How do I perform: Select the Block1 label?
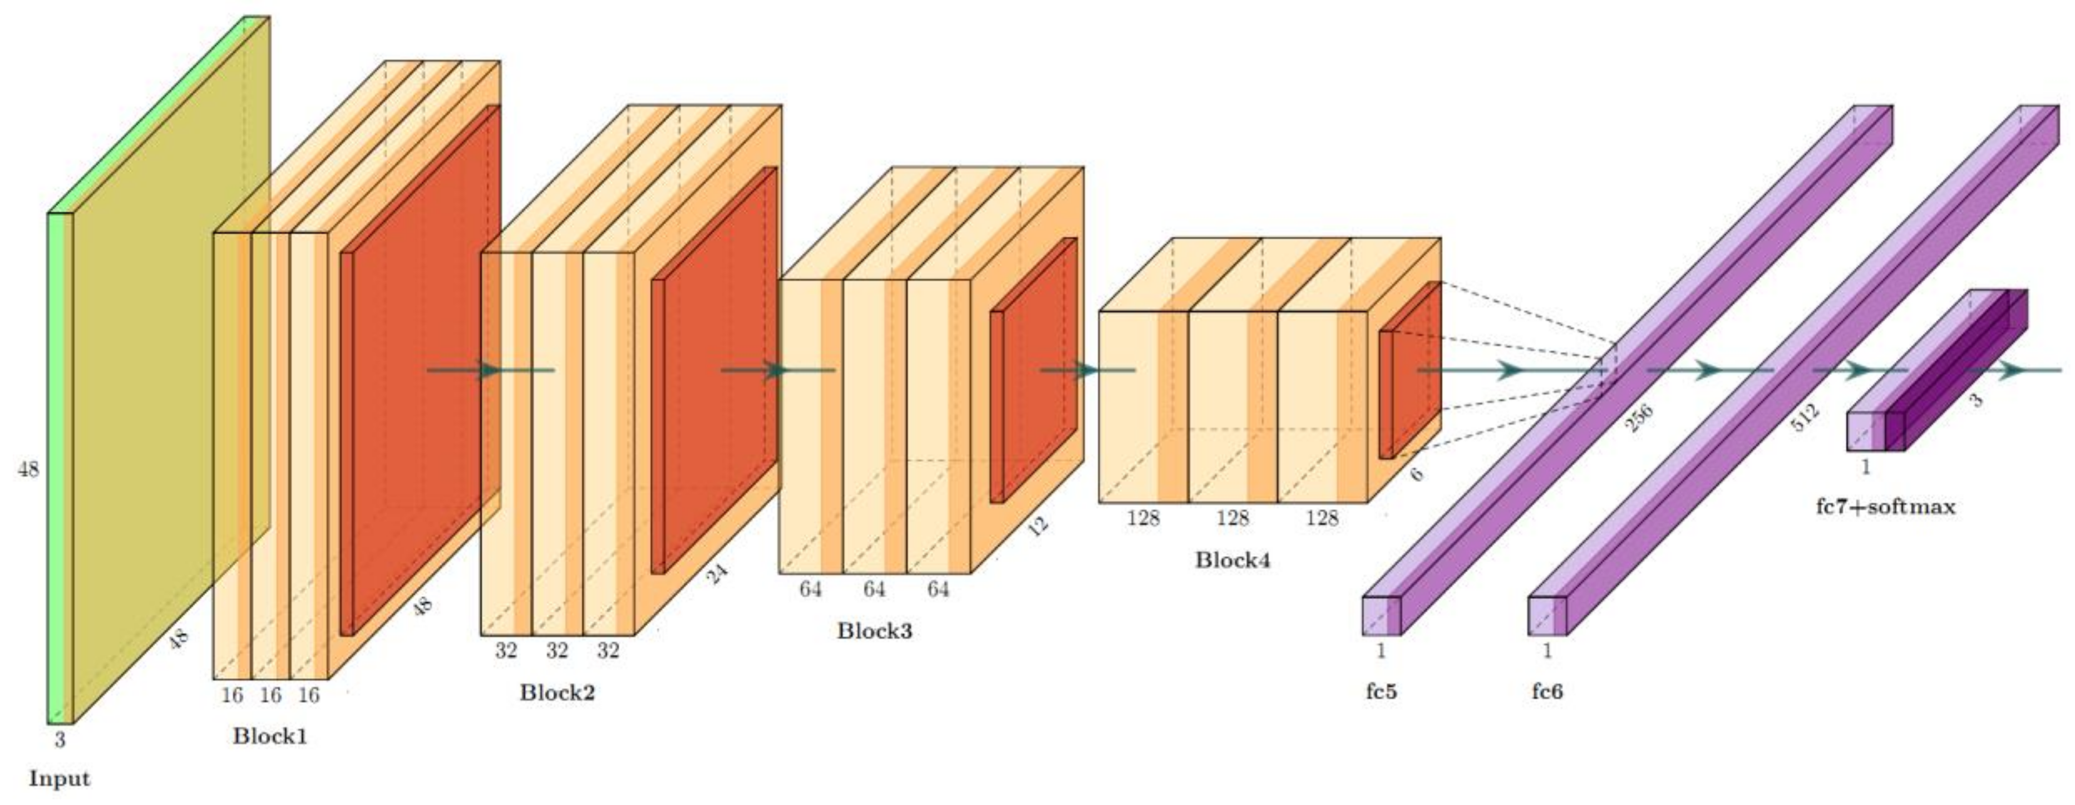point(270,736)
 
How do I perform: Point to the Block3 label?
point(874,630)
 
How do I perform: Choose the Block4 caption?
point(1233,560)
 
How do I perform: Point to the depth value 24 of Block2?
point(716,574)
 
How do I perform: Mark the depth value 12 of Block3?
point(1038,526)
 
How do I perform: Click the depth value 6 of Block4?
point(1417,474)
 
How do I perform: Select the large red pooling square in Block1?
point(419,371)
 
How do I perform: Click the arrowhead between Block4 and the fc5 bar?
point(1510,371)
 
